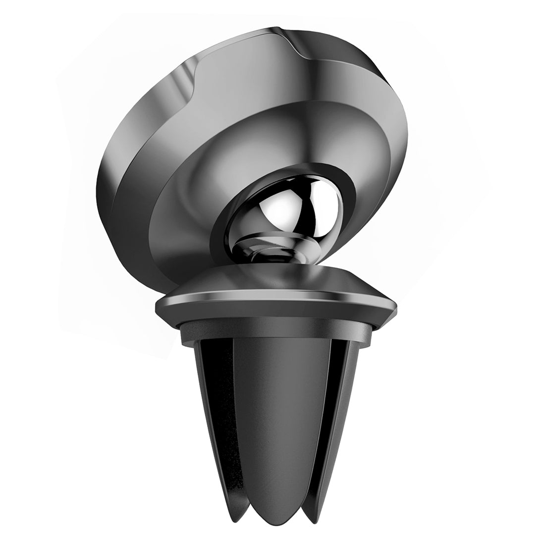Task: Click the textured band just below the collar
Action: [x=277, y=329]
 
